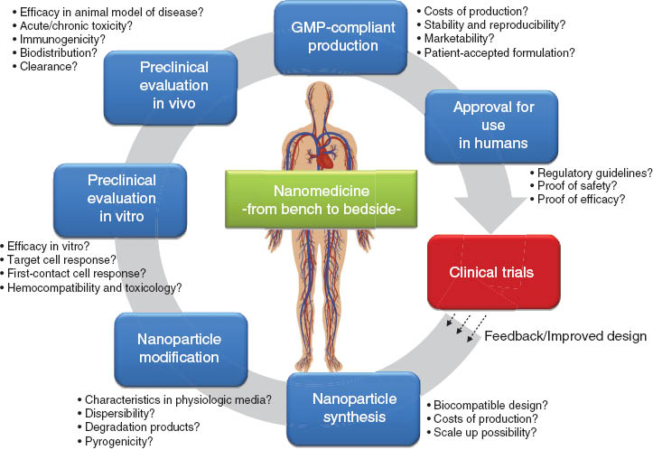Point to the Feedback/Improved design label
pyautogui.click(x=577, y=336)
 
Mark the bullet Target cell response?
pyautogui.click(x=63, y=259)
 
